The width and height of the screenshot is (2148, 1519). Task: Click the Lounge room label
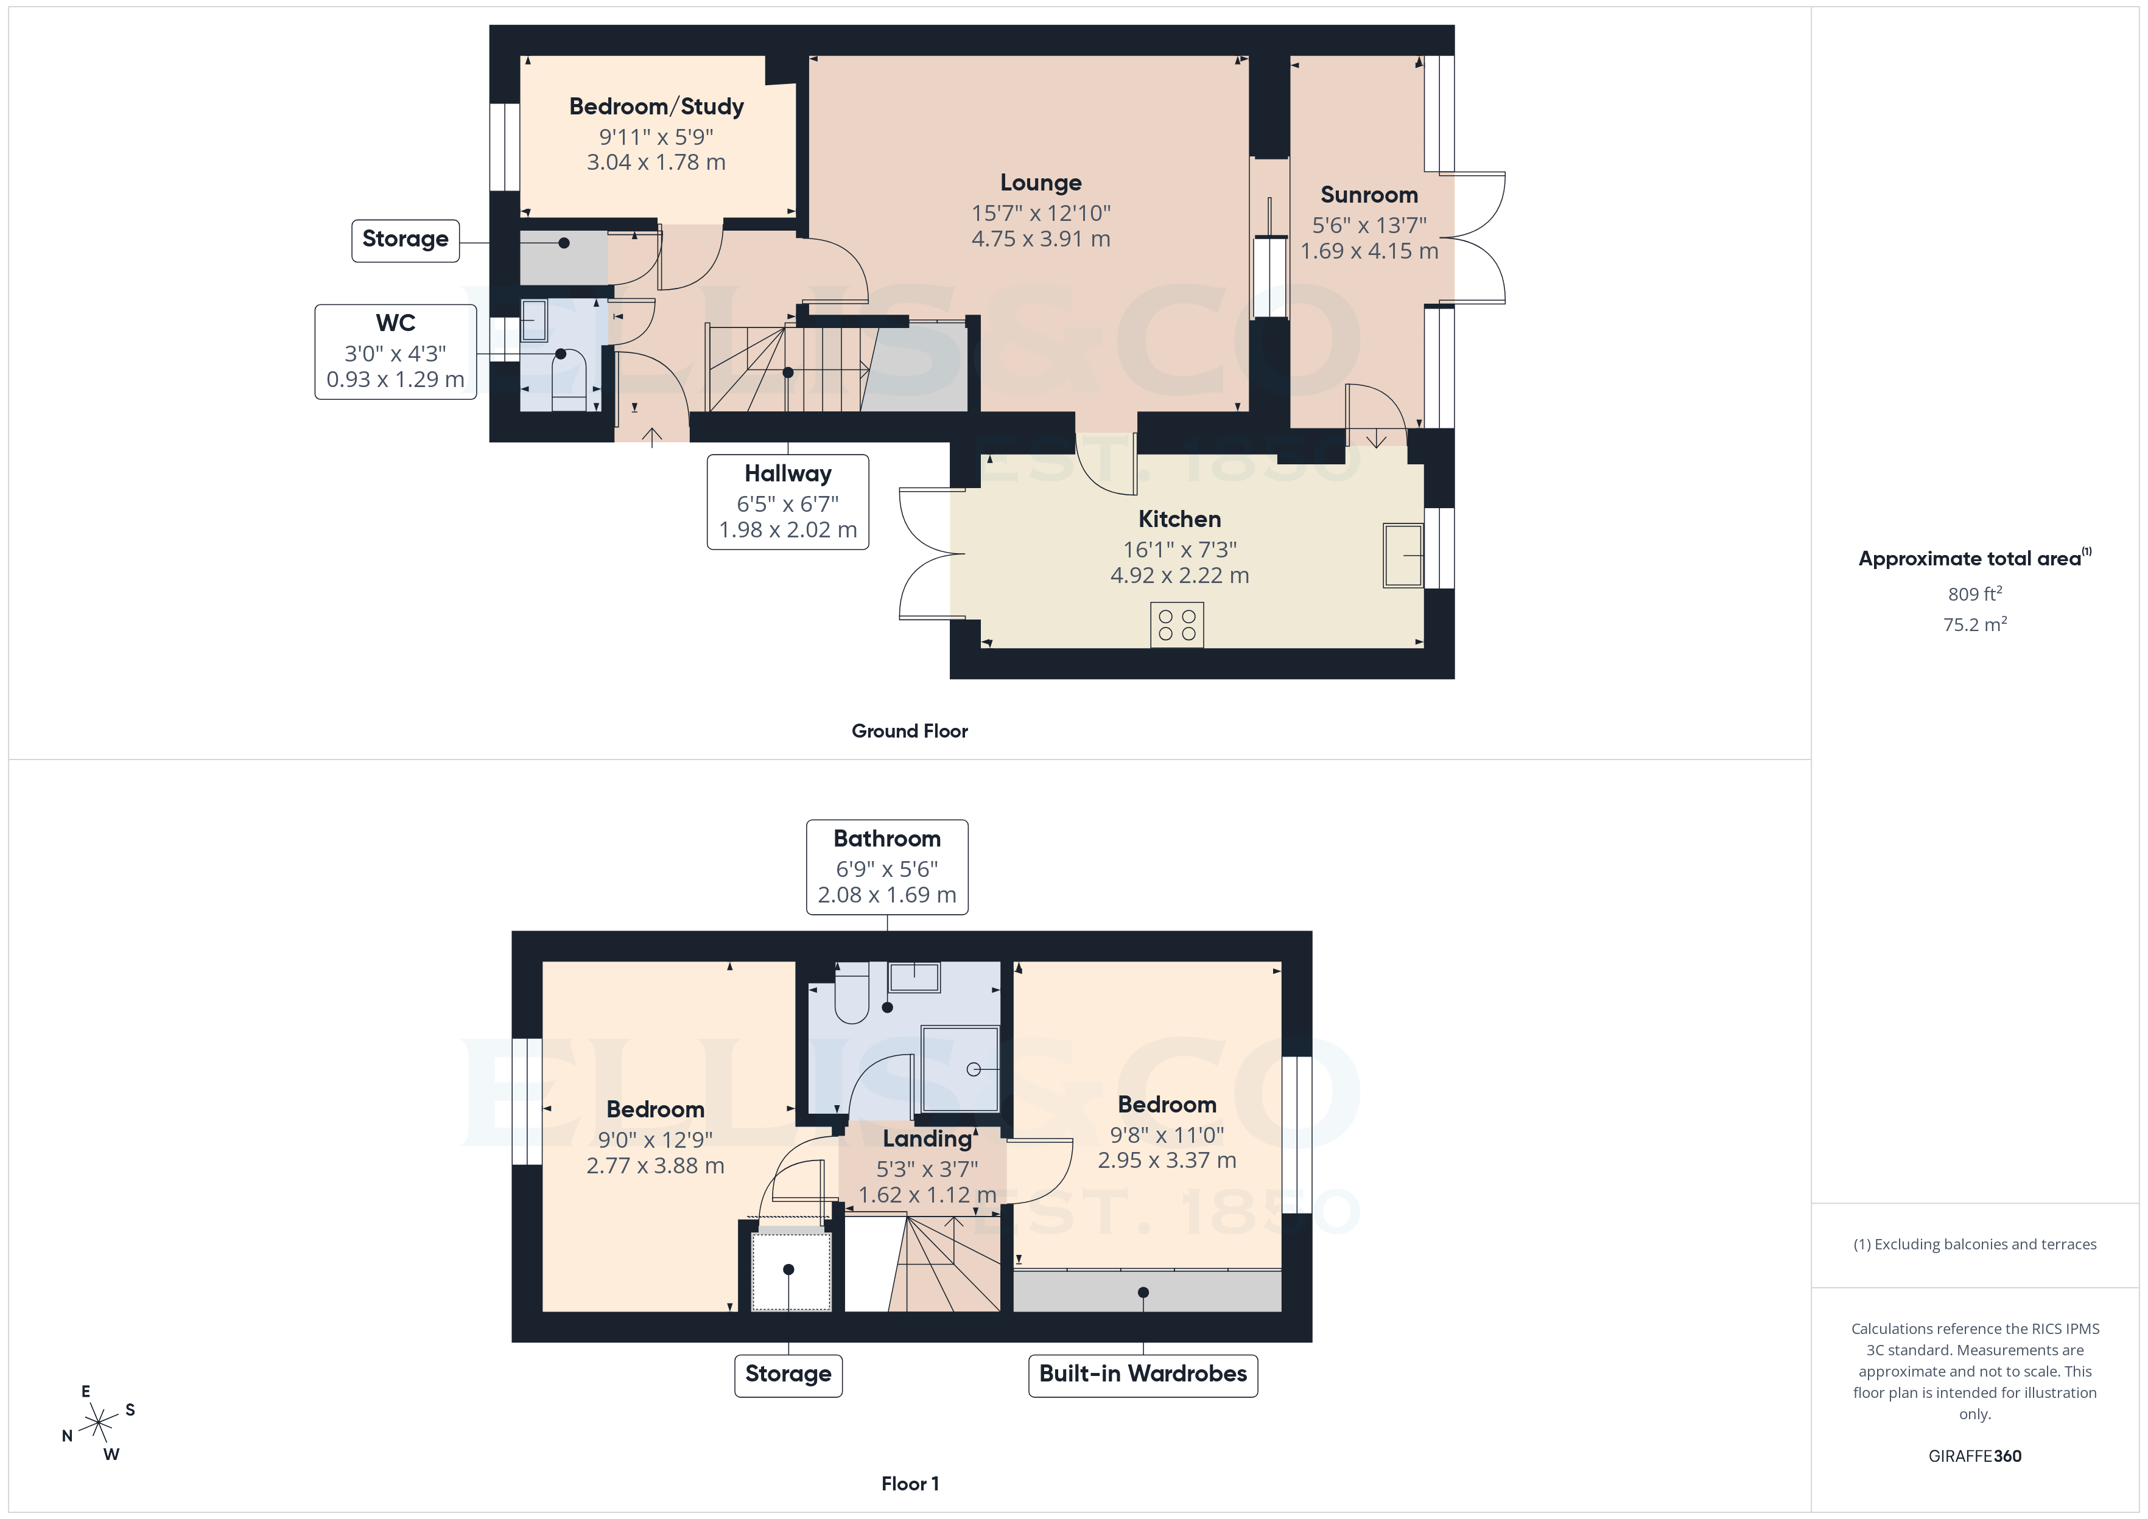coord(1041,183)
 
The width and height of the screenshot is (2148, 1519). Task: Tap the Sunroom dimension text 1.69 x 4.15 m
coord(1369,251)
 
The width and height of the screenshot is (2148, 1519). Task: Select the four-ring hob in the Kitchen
coord(1176,625)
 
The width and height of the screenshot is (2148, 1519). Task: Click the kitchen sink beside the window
coord(1402,556)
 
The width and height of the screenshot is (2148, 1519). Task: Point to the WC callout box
coord(395,352)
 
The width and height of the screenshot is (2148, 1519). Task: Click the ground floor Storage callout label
coord(405,239)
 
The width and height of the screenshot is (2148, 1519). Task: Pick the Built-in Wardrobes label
coord(1142,1374)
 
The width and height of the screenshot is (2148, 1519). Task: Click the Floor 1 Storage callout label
coord(788,1374)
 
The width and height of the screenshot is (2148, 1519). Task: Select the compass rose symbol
coord(98,1423)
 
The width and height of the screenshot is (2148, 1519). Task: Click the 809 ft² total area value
coord(1974,594)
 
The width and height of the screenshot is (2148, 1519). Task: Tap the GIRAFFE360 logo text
coord(1974,1456)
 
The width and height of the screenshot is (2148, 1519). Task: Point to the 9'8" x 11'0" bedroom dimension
coord(1166,1134)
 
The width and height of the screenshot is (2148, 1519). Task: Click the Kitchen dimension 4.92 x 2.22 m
coord(1179,575)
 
